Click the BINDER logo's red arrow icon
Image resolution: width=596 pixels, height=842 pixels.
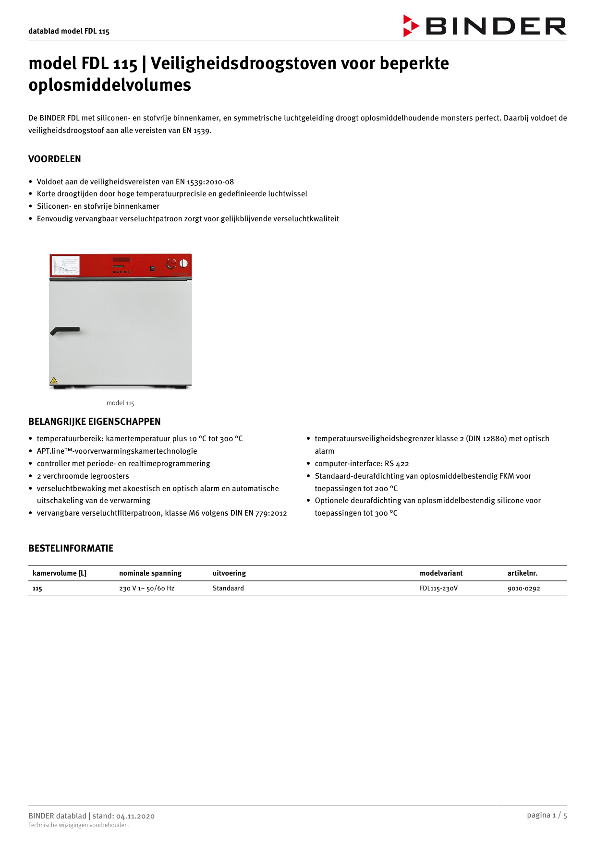[411, 26]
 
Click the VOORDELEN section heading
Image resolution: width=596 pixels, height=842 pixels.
[55, 159]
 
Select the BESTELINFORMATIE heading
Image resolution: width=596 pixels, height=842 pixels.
[71, 548]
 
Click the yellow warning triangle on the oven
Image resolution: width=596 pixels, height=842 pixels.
[54, 380]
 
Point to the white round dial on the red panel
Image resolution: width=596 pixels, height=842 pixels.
[183, 263]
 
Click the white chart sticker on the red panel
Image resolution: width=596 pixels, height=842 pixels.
[65, 265]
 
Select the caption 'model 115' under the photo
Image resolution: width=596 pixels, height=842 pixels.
[120, 403]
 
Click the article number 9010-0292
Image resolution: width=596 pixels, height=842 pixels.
[523, 588]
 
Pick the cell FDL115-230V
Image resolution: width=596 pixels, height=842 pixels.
[438, 588]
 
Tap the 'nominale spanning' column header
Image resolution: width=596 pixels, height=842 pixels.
[150, 573]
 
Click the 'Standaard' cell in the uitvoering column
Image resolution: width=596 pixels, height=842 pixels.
[228, 588]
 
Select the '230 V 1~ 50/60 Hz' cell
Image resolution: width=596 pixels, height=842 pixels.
[146, 588]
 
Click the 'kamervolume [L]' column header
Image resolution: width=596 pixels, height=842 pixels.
[60, 573]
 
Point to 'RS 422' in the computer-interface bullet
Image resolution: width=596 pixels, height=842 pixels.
[397, 464]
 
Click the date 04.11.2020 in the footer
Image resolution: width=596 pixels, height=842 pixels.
[135, 816]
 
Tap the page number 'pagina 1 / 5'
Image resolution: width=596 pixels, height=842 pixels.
[547, 815]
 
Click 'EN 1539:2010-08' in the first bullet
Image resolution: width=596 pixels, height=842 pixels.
[205, 182]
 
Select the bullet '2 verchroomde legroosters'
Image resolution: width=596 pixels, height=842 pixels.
[83, 476]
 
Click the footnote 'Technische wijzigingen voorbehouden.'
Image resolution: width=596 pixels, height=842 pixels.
[79, 825]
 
